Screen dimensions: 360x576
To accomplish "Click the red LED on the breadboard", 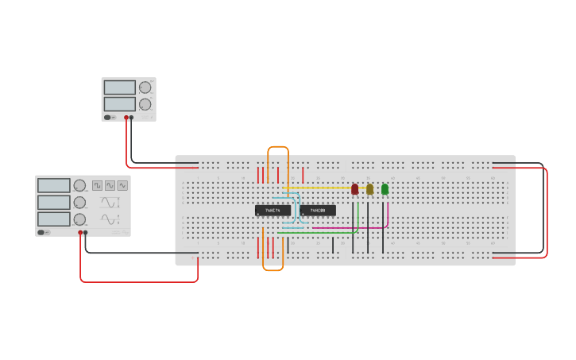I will point(355,189).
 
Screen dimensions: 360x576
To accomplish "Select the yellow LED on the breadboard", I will point(369,189).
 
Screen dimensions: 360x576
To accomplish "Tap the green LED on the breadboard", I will point(385,189).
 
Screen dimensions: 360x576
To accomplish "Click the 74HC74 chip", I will point(273,211).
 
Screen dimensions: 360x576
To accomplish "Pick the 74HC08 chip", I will point(318,211).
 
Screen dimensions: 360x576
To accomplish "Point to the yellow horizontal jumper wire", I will point(318,188).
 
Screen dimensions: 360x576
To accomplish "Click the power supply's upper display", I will point(119,87).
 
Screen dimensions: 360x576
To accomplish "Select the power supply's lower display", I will point(119,104).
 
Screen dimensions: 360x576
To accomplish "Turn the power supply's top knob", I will point(145,87).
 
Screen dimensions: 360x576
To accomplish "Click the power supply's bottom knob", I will point(145,104).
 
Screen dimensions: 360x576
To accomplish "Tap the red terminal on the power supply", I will point(126,118).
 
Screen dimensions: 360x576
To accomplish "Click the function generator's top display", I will point(54,185).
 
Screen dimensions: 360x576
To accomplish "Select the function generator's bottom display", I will point(54,219).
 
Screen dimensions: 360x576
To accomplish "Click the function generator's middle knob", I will point(79,203).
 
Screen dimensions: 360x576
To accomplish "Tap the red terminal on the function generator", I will point(80,233).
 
